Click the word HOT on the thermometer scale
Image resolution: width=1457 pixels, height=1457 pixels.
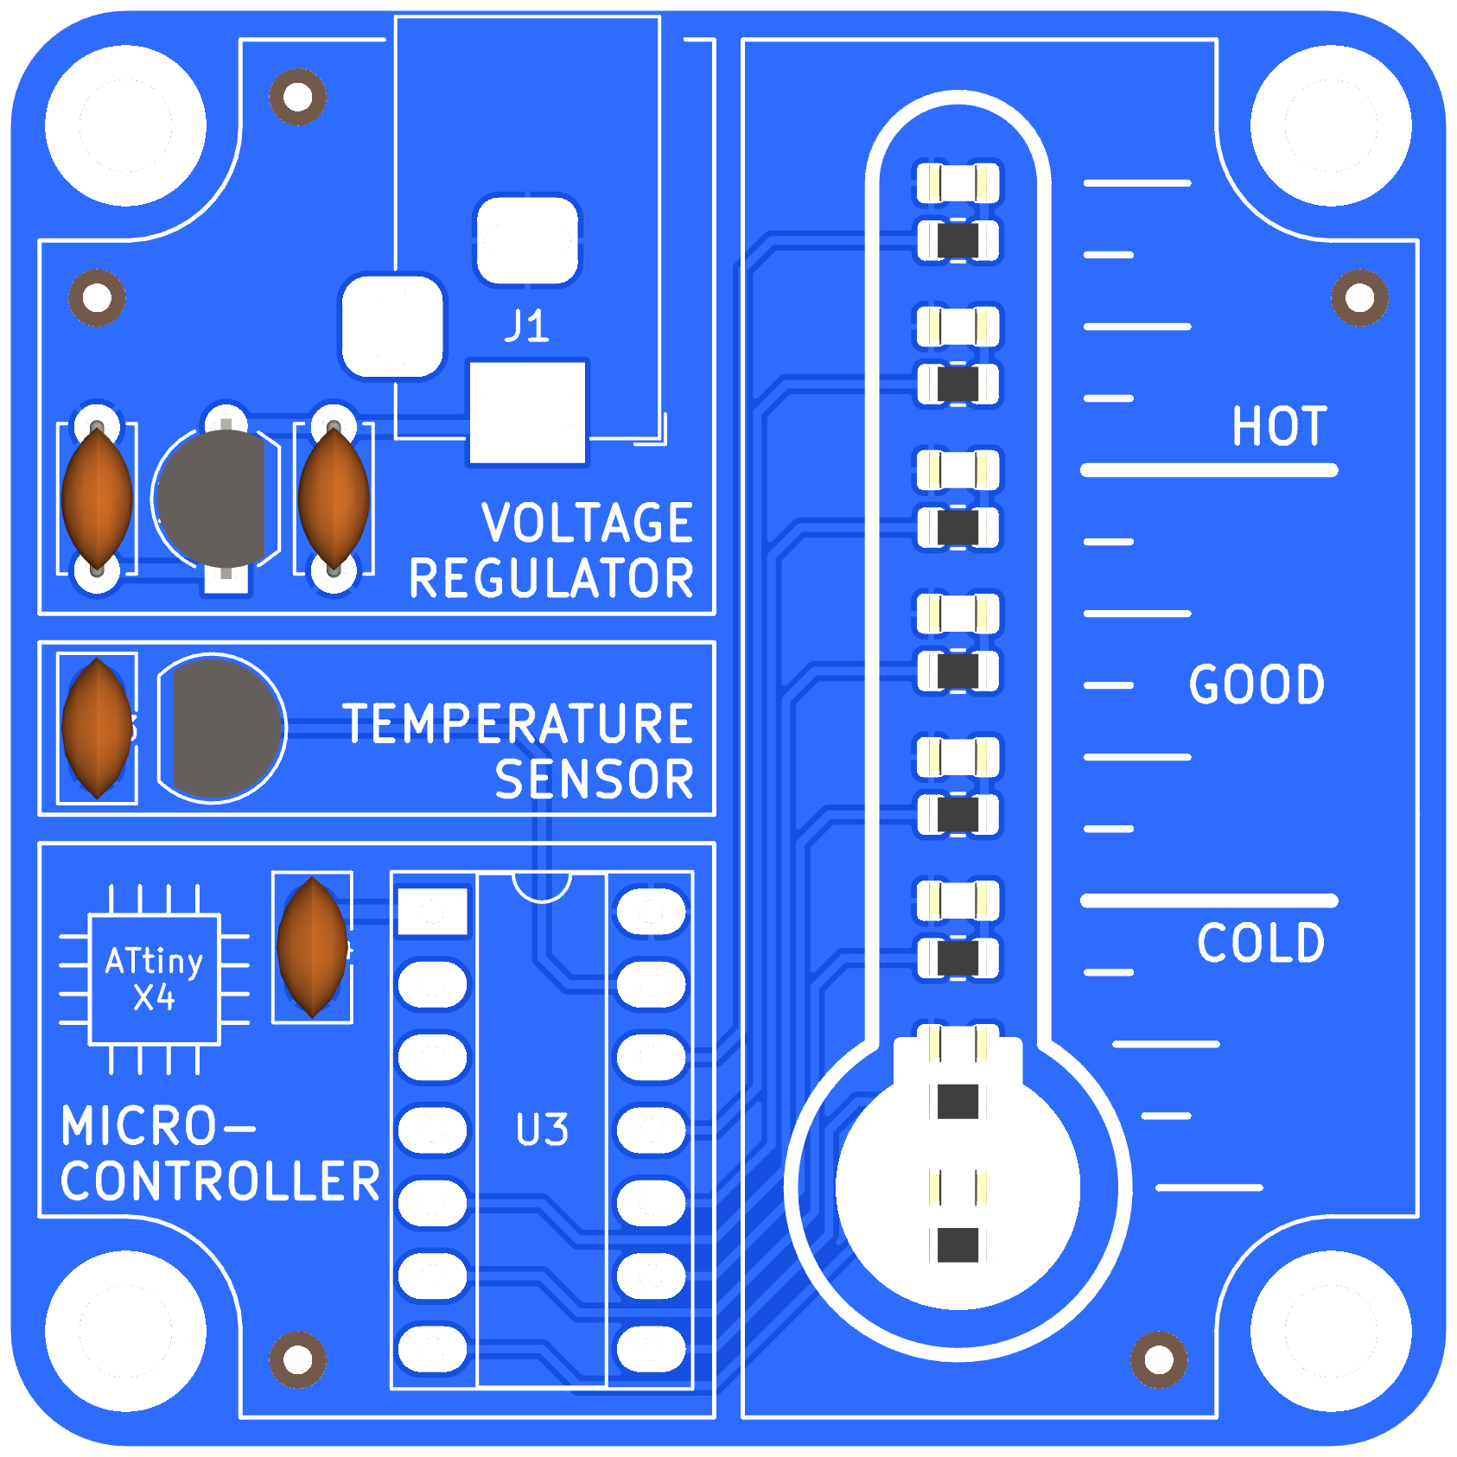pyautogui.click(x=1278, y=426)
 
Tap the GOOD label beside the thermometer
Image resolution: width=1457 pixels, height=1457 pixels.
pyautogui.click(x=1257, y=684)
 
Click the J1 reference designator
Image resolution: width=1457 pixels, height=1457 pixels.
pyautogui.click(x=526, y=327)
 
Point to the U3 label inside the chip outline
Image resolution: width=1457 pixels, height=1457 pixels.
pyautogui.click(x=542, y=1129)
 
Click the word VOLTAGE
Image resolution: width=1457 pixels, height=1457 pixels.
pyautogui.click(x=588, y=523)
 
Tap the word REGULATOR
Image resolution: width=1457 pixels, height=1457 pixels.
pyautogui.click(x=551, y=578)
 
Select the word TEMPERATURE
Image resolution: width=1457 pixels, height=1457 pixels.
pyautogui.click(x=518, y=723)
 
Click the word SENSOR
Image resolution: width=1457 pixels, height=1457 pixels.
pyautogui.click(x=594, y=779)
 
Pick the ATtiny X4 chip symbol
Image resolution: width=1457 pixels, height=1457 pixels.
pyautogui.click(x=155, y=979)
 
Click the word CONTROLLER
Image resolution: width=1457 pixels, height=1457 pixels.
pyautogui.click(x=220, y=1181)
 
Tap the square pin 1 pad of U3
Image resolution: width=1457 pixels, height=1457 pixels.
pyautogui.click(x=432, y=912)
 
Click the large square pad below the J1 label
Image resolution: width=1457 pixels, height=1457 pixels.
pyautogui.click(x=527, y=412)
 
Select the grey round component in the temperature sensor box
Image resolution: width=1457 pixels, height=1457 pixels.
pyautogui.click(x=222, y=728)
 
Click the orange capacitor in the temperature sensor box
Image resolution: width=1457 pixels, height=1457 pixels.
pyautogui.click(x=98, y=728)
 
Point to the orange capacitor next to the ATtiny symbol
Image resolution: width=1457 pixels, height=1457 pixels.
pyautogui.click(x=312, y=946)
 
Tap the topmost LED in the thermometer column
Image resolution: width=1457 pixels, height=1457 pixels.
pyautogui.click(x=958, y=183)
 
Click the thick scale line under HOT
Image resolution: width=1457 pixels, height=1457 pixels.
pyautogui.click(x=1208, y=470)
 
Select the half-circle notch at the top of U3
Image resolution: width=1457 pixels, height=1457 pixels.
pyautogui.click(x=542, y=886)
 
